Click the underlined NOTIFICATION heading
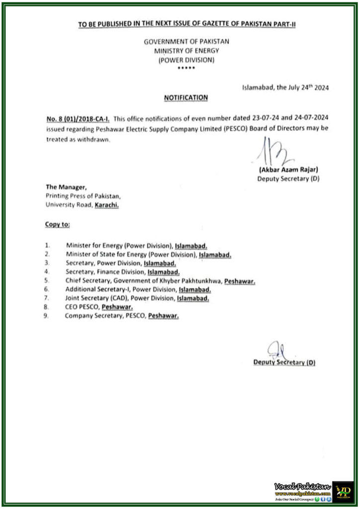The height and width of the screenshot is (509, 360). pyautogui.click(x=186, y=98)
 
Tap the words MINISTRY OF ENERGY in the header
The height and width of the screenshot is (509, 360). pyautogui.click(x=186, y=51)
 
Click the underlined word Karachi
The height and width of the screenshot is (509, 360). pyautogui.click(x=107, y=204)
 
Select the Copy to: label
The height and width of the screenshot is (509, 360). pyautogui.click(x=58, y=225)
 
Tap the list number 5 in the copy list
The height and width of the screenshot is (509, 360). pyautogui.click(x=47, y=281)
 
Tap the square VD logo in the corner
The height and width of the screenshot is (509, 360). pyautogui.click(x=343, y=492)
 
